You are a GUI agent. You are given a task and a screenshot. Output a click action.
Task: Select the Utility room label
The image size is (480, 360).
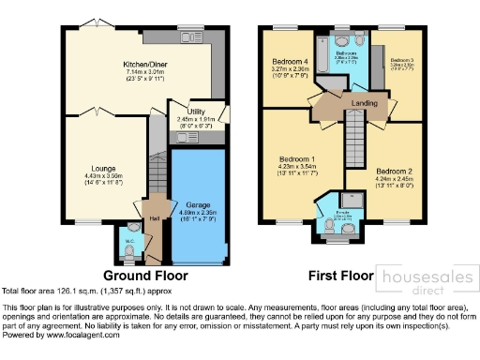pos(198,112)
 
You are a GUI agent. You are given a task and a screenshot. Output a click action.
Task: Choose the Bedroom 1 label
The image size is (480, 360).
pos(296,160)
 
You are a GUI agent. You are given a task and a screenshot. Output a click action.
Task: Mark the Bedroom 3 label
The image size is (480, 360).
pos(402,59)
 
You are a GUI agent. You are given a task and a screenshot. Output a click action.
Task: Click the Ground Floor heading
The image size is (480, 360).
pos(145,276)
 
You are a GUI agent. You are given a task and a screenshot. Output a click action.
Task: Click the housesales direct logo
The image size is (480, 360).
pos(426,279)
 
